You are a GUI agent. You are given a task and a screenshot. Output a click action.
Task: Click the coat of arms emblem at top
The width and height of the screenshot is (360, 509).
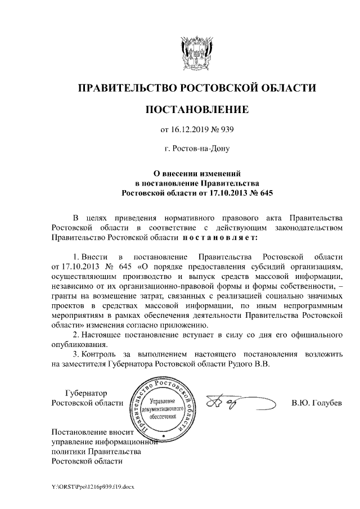(197, 52)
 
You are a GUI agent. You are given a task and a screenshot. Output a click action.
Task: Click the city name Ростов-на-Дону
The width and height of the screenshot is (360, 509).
(197, 150)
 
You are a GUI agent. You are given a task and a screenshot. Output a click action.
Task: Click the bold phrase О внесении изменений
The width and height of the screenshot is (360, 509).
(197, 173)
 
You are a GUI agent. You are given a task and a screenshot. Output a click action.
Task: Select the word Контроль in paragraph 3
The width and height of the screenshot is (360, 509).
(98, 355)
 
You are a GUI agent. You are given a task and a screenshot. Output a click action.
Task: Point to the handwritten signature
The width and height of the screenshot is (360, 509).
(236, 403)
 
